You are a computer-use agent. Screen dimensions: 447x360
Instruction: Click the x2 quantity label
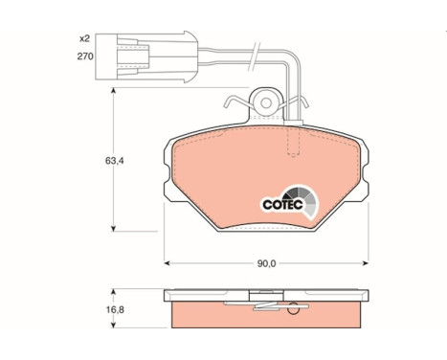pyautogui.click(x=84, y=39)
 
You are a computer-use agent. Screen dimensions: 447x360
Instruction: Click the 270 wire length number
pyautogui.click(x=85, y=56)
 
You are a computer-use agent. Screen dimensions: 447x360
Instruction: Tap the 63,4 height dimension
pyautogui.click(x=114, y=161)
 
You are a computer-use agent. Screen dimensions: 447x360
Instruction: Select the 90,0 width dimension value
pyautogui.click(x=266, y=263)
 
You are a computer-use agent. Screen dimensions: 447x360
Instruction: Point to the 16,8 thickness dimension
pyautogui.click(x=115, y=309)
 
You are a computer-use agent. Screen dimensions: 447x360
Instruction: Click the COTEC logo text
pyautogui.click(x=282, y=204)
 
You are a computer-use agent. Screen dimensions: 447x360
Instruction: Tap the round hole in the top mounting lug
pyautogui.click(x=266, y=103)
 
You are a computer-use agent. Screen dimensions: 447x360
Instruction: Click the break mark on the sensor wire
pyautogui.click(x=255, y=56)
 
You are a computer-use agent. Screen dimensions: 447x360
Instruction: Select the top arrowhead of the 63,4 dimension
pyautogui.click(x=113, y=91)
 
